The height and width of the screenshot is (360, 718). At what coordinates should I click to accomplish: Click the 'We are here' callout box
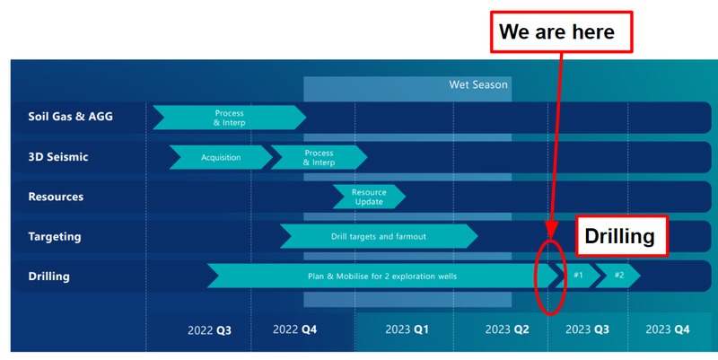(562, 32)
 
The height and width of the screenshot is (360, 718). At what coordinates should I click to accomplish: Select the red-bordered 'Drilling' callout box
(621, 236)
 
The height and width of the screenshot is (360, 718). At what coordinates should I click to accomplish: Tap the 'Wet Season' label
(478, 84)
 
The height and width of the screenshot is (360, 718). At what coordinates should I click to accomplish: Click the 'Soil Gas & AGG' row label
(71, 117)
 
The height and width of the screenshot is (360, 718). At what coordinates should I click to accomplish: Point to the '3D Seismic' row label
(58, 156)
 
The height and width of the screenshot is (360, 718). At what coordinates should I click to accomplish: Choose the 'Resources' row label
(56, 197)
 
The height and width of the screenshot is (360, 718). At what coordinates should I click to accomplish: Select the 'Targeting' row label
(55, 237)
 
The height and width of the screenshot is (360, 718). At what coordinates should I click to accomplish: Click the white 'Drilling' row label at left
(49, 277)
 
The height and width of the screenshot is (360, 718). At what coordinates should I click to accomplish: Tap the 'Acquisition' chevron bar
(221, 157)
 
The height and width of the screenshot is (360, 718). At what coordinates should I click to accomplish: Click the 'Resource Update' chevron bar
(369, 197)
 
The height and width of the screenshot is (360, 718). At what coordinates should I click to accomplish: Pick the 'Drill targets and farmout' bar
(379, 236)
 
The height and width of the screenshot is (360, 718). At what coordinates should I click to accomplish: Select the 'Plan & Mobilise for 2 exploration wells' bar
(382, 277)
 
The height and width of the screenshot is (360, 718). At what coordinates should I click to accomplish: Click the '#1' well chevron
(578, 276)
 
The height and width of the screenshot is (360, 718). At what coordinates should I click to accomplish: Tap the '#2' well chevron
(618, 276)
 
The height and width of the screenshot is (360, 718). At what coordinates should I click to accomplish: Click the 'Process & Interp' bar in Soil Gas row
(230, 118)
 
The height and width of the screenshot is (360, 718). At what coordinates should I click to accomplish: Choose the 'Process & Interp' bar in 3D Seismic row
(320, 158)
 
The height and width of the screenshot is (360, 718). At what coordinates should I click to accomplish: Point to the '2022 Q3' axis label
(209, 330)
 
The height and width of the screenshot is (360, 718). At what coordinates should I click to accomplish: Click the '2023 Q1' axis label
(407, 329)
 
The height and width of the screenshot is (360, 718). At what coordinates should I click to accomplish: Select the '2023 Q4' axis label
(668, 329)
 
